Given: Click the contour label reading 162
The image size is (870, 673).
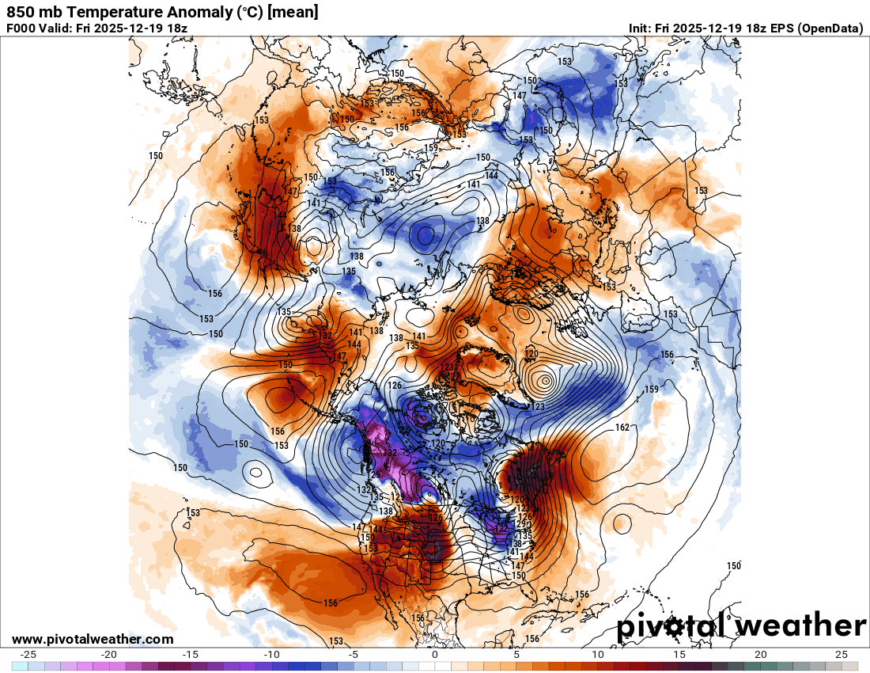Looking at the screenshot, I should (x=622, y=428).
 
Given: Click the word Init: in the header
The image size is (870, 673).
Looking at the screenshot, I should (x=641, y=28).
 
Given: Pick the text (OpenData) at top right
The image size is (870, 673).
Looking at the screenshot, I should (x=830, y=28).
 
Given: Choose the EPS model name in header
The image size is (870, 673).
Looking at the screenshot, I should (x=781, y=28).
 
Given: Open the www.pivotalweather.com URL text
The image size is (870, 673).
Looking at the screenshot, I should (x=93, y=639).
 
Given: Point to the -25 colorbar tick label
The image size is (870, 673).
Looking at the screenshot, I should (x=28, y=655).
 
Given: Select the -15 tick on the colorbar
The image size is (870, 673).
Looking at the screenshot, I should (x=191, y=655).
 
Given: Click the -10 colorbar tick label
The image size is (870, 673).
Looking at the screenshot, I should (x=272, y=655).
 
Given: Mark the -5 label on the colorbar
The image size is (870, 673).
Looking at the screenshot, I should (x=354, y=655).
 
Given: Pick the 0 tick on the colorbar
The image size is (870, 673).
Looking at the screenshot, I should (x=435, y=655).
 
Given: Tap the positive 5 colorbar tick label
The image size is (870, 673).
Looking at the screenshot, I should (x=516, y=655).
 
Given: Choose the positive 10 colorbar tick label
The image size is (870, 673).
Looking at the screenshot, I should (x=598, y=655).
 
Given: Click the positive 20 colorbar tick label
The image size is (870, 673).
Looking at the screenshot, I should (x=761, y=655).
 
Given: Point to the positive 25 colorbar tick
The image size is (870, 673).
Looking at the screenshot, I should (x=842, y=655).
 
